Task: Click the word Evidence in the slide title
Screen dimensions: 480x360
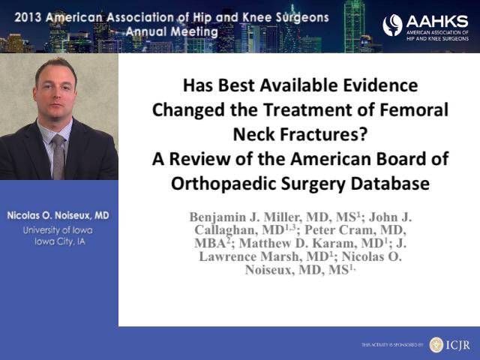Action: tap(380, 85)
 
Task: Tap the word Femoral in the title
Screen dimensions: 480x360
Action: tap(414, 109)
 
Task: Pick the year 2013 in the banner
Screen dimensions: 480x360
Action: tap(28, 17)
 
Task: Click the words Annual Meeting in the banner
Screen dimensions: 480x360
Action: tap(172, 31)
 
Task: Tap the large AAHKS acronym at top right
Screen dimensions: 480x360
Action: tap(437, 22)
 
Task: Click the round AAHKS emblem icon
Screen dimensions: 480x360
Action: tap(392, 25)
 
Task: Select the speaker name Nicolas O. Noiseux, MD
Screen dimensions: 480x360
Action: tap(58, 215)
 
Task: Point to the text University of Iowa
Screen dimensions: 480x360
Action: tap(58, 230)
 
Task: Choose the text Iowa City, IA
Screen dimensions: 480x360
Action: tap(60, 241)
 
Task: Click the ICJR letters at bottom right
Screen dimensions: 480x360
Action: tap(458, 345)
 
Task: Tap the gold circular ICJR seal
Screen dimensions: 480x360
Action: tap(436, 345)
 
